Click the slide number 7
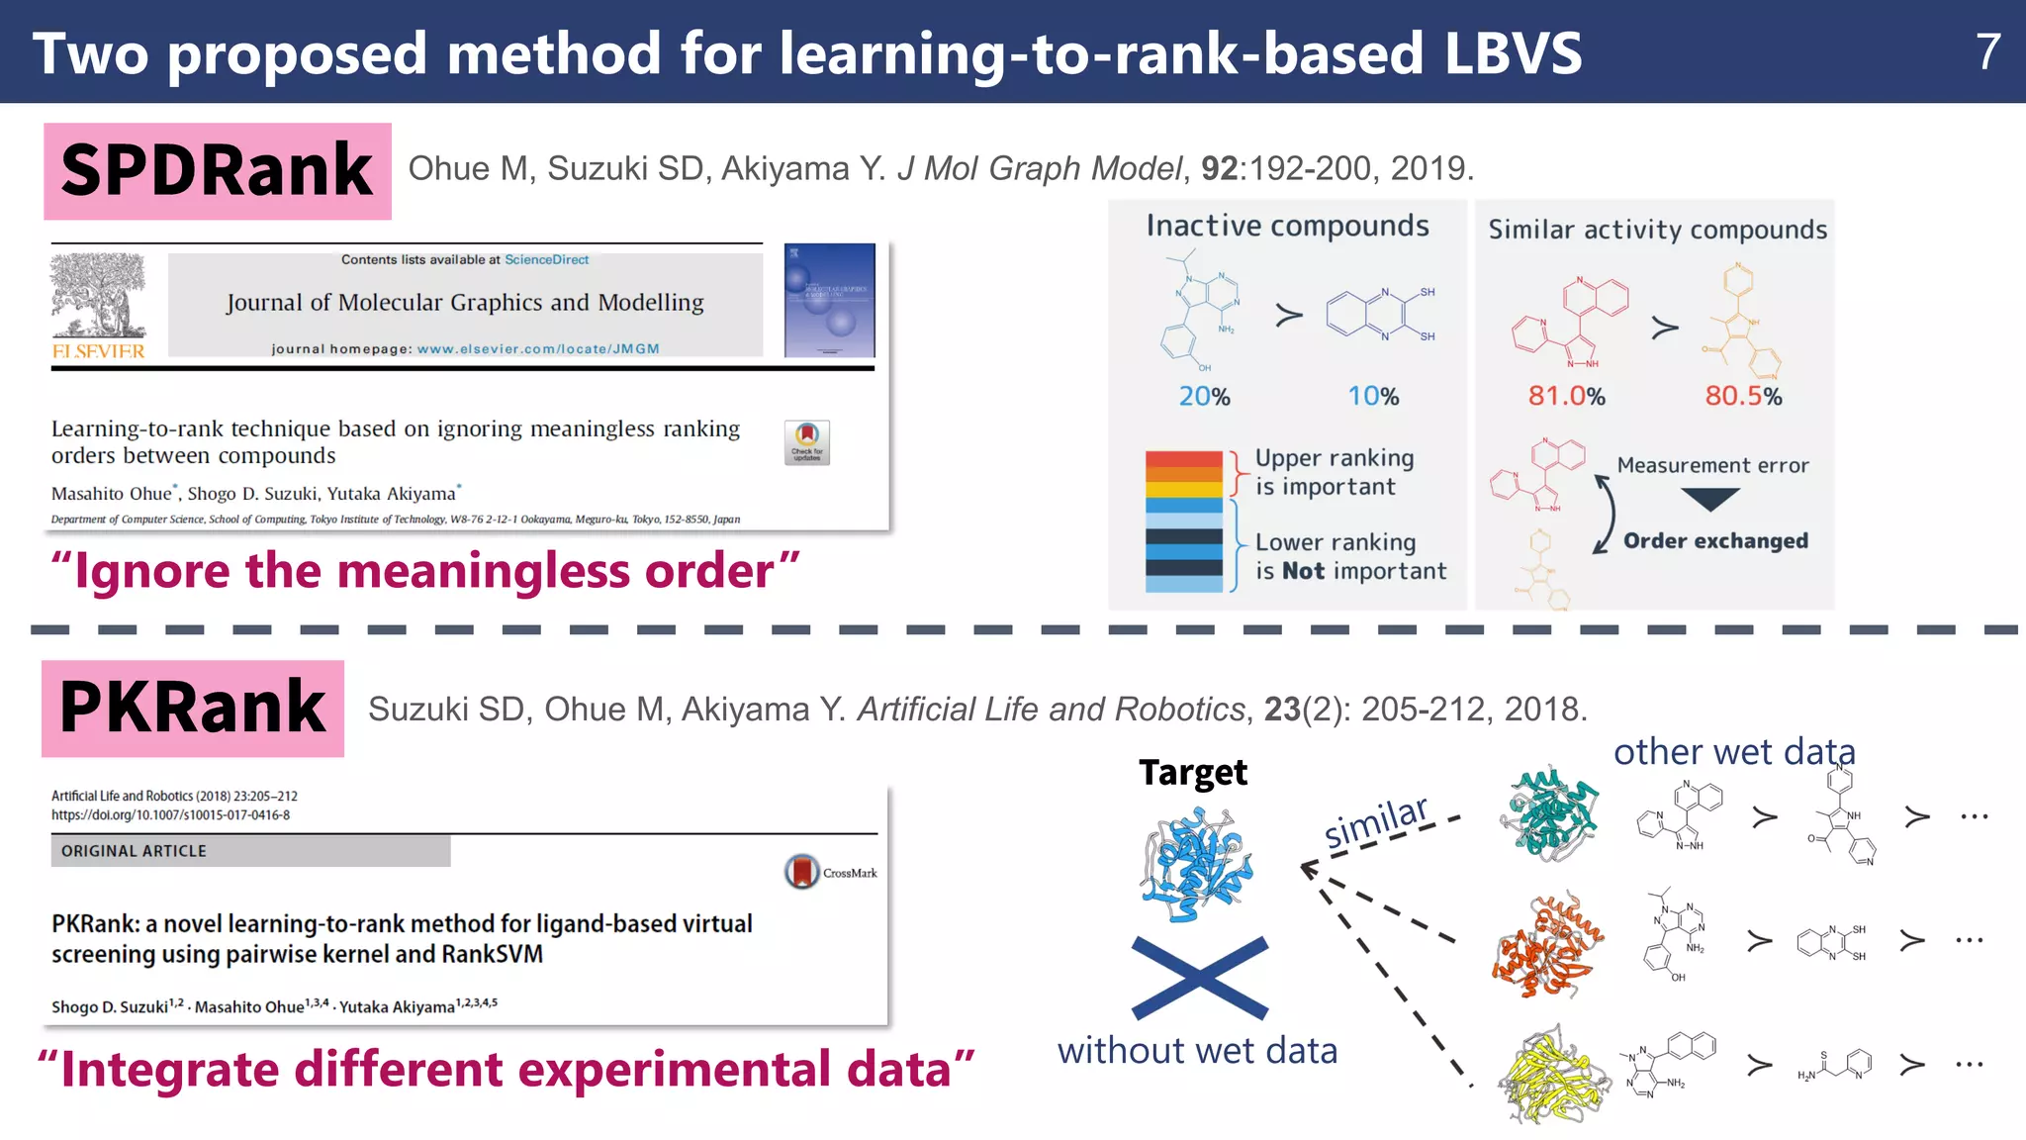tap(1987, 51)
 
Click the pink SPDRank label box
tap(218, 171)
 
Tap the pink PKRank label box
tap(193, 709)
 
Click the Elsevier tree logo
tap(98, 297)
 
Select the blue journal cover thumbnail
tap(829, 300)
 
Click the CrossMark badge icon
tap(802, 872)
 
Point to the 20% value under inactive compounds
tap(1204, 397)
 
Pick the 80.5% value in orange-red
tap(1743, 397)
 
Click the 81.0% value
tap(1566, 397)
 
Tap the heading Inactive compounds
tap(1287, 227)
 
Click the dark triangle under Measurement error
tap(1709, 500)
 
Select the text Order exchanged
tap(1715, 541)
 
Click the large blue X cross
tap(1199, 978)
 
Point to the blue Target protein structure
tap(1197, 864)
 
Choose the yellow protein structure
tap(1550, 1075)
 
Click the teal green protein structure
tap(1551, 811)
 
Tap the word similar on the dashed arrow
tap(1376, 821)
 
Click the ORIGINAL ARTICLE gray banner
tap(251, 851)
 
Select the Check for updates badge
tap(806, 442)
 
